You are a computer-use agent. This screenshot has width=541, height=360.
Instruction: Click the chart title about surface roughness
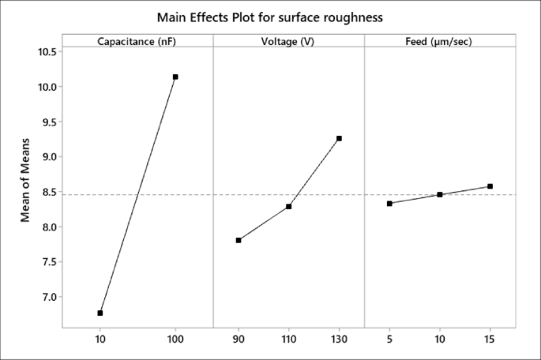[270, 17]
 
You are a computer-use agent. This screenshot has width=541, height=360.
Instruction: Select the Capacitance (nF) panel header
[137, 41]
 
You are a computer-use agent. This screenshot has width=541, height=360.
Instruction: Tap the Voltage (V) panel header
[288, 41]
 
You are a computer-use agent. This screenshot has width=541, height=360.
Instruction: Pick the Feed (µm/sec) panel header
[439, 41]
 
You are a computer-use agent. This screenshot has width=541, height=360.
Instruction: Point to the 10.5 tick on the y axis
[45, 52]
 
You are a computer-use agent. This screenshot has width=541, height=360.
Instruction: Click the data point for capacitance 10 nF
[100, 313]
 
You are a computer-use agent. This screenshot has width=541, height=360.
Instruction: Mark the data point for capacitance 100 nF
[175, 77]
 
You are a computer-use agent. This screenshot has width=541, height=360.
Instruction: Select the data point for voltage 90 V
[239, 240]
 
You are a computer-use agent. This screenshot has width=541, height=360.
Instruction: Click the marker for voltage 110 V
[289, 206]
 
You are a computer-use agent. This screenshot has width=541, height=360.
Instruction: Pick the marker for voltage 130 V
[339, 138]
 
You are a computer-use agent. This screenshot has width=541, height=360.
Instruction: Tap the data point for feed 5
[389, 204]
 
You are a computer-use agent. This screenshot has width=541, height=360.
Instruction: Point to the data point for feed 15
[490, 186]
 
